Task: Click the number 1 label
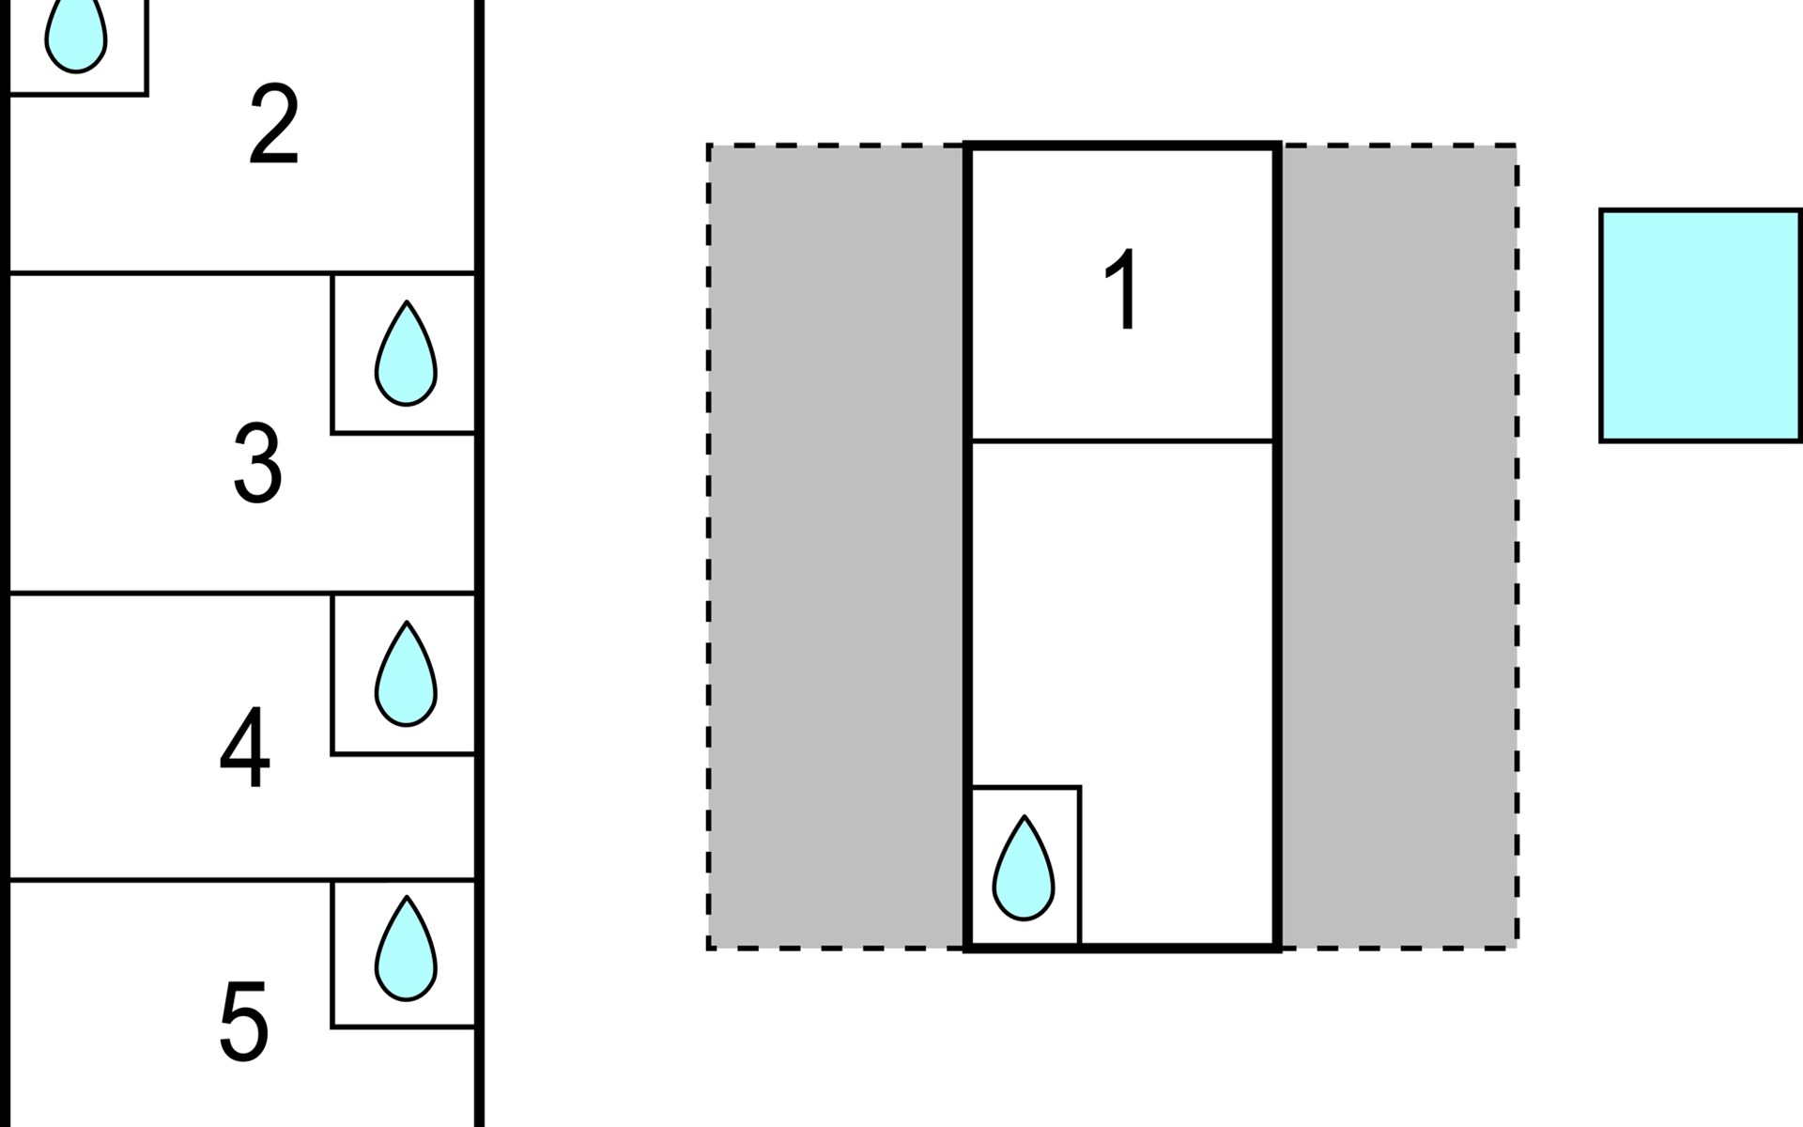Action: tap(1122, 289)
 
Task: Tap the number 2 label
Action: tap(273, 125)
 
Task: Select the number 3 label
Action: tap(257, 462)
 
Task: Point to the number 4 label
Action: tap(245, 748)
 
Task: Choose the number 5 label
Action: tap(244, 1022)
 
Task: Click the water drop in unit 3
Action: tap(406, 354)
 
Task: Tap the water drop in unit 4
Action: tap(406, 674)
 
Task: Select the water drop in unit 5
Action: tap(406, 949)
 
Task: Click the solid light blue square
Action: tap(1701, 325)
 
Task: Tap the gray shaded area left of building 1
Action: tap(837, 547)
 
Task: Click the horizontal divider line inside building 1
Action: tap(1122, 440)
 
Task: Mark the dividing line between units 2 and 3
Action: tap(242, 273)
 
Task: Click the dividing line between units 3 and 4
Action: tap(242, 594)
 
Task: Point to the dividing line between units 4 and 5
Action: tap(242, 880)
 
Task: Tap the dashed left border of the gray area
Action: tap(709, 547)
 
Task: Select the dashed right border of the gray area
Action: tap(1517, 547)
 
